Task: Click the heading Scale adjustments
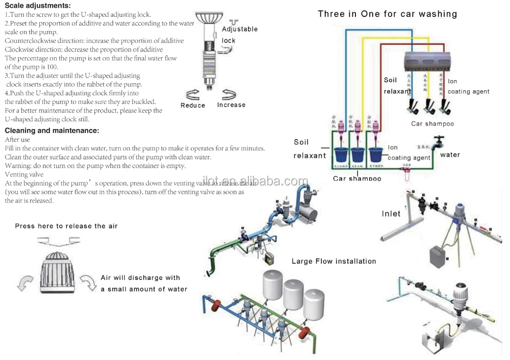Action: point(38,6)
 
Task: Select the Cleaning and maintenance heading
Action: point(52,131)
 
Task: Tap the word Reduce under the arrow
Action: point(193,106)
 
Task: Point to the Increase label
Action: point(231,105)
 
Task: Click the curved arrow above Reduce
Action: point(193,94)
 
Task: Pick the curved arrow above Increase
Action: point(229,94)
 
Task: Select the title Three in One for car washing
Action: point(387,14)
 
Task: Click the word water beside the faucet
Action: point(450,155)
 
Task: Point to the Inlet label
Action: point(391,214)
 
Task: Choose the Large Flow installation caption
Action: point(334,261)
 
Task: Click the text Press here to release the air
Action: point(66,226)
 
